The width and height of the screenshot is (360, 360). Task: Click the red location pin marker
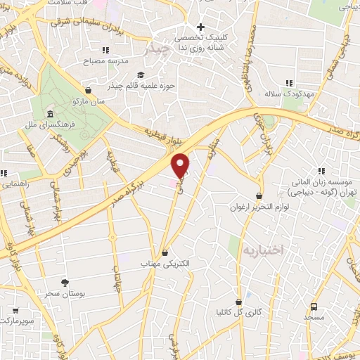tap(181, 165)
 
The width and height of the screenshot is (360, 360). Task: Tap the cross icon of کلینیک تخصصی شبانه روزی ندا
tap(200, 27)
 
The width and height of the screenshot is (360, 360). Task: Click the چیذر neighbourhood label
tap(155, 50)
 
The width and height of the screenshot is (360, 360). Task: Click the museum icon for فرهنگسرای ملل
tap(49, 115)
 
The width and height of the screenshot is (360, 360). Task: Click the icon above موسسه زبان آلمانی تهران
tap(321, 170)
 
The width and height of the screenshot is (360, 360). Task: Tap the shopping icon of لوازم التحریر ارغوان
tap(259, 196)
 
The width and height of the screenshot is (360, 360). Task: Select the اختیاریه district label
tap(262, 250)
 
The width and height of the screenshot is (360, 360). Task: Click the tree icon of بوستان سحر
tap(65, 282)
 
